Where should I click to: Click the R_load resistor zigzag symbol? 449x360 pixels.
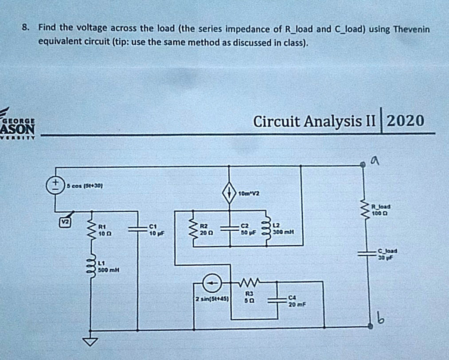pos(367,209)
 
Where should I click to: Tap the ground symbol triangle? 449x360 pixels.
pos(91,341)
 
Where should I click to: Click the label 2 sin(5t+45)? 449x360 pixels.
pos(212,299)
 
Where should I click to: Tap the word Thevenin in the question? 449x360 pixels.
pos(408,29)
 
